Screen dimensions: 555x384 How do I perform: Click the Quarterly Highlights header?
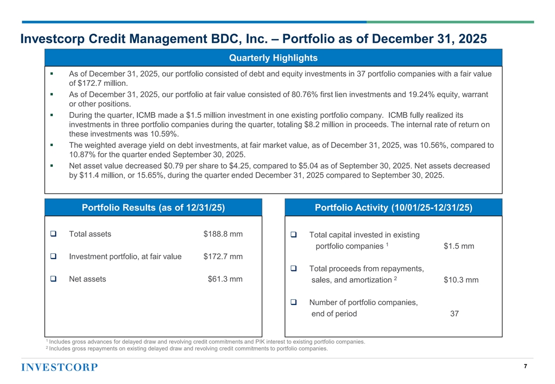pos(273,58)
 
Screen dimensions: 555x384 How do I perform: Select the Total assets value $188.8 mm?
pos(223,234)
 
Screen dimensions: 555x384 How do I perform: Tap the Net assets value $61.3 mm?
pos(225,279)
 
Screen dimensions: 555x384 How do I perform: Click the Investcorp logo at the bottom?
pos(59,367)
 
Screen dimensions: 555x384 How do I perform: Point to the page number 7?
pos(525,366)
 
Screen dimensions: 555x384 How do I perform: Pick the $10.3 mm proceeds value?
pos(461,280)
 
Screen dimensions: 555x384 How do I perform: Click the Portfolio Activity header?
pos(394,207)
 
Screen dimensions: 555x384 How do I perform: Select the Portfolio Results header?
pos(153,207)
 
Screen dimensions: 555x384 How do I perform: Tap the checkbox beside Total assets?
pos(53,234)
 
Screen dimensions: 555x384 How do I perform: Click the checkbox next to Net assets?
pos(53,278)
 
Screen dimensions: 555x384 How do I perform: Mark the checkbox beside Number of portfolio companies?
pos(294,302)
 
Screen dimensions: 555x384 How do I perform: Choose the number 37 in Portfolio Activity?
pos(455,314)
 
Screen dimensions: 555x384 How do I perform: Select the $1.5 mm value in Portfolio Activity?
pos(459,246)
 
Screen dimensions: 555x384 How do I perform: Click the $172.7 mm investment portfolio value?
pos(223,257)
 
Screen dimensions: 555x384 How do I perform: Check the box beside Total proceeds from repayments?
pos(294,268)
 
